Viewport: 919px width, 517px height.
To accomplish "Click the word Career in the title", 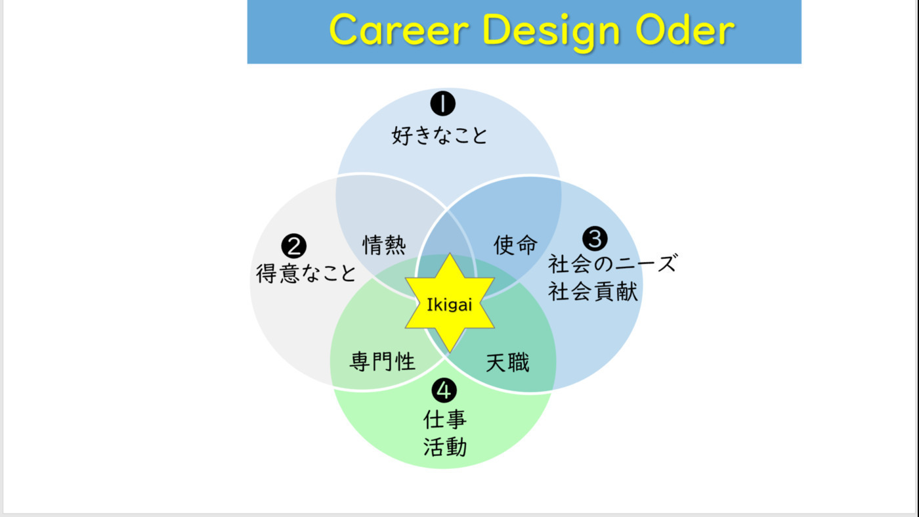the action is tap(399, 30).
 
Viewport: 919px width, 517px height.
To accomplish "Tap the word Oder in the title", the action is tap(685, 29).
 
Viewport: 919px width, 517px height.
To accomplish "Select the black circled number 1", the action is tap(442, 104).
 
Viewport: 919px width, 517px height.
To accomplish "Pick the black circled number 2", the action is tap(294, 246).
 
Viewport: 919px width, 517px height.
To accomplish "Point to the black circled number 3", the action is tap(595, 238).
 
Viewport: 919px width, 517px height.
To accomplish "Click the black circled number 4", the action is tap(444, 390).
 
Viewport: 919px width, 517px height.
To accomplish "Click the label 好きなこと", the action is tap(439, 135).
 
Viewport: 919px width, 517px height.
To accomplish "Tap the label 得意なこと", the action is tap(306, 273).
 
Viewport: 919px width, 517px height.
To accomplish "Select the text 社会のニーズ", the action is tap(612, 263).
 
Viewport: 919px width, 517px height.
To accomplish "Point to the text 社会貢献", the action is tap(593, 291).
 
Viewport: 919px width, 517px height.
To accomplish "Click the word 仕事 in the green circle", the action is tap(445, 419).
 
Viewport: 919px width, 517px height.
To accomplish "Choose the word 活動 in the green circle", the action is tap(445, 447).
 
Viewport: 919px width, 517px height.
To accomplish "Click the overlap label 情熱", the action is tap(384, 245).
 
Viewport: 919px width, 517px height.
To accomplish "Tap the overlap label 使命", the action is tap(515, 245).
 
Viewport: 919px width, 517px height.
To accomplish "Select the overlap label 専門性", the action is tap(382, 362).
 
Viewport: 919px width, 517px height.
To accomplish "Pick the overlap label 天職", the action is tap(507, 363).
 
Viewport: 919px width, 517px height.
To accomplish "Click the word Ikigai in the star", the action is tap(449, 305).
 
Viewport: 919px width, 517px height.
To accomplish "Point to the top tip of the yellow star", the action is tap(450, 254).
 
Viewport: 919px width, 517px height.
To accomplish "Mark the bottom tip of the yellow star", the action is tap(450, 352).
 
